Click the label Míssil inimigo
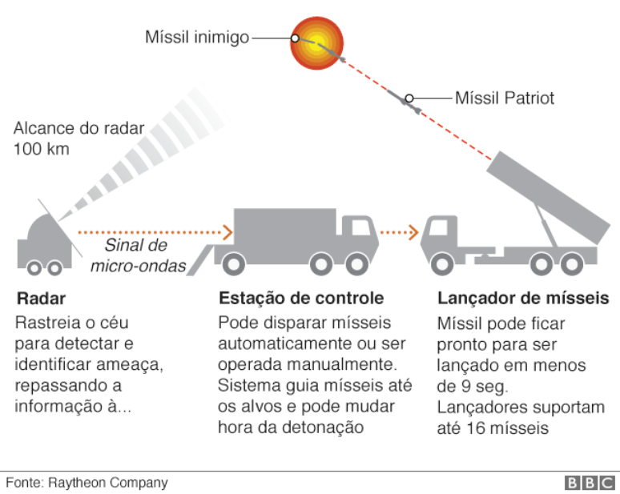tap(197, 38)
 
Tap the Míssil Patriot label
tap(505, 98)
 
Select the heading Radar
tap(41, 299)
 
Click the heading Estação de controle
tap(301, 299)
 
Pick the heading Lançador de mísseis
tap(523, 299)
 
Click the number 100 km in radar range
tap(42, 149)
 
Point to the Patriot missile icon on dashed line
tap(408, 99)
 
